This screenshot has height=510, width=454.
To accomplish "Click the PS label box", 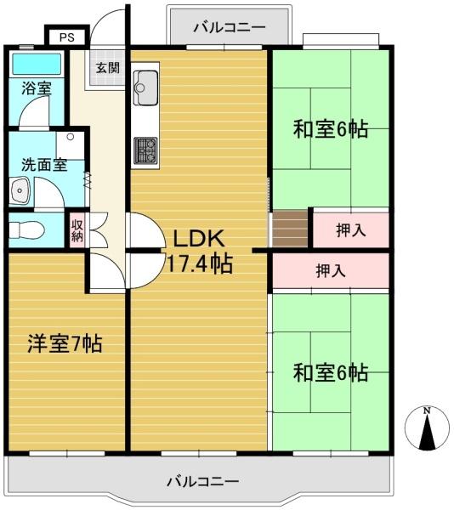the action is pos(66,37).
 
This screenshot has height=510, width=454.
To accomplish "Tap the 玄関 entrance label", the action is pos(108,68).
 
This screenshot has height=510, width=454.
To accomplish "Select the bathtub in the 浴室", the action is pos(37,64).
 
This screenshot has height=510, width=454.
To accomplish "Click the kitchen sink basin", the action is pos(145,88).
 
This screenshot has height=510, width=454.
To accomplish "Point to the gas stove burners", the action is pos(145,150).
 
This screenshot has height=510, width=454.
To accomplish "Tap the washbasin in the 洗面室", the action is pos(20,190).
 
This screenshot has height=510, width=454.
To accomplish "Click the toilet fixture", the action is pos(26,230).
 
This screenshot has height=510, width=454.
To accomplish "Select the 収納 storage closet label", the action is pos(77,230).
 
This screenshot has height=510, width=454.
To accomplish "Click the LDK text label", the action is pos(198,238).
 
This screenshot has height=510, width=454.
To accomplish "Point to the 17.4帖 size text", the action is pos(199,263).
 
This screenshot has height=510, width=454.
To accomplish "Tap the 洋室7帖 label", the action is pos(65,343).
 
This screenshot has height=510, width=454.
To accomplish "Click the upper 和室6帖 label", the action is pos(331,129).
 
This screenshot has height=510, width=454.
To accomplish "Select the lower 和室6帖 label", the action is pos(331,373).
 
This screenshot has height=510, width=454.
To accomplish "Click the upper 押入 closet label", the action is pos(351,230).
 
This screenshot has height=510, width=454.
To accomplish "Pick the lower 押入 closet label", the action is pos(331,270).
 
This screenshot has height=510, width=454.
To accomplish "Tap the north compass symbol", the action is pos(427,428).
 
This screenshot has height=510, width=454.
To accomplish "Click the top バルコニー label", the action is pos(230,27).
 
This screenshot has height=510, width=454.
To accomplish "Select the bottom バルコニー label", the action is pos(203,481).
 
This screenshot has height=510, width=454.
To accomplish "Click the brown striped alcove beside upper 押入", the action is pos(290,229).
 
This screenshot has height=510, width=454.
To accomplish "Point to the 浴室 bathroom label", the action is pos(37,88).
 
